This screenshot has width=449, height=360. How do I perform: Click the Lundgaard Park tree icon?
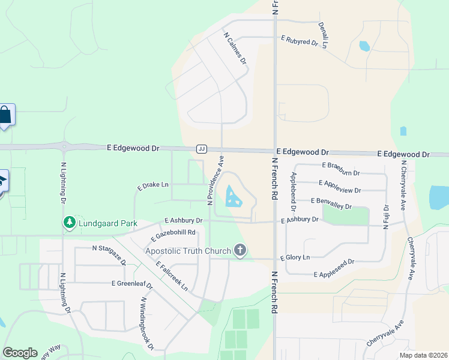(70, 223)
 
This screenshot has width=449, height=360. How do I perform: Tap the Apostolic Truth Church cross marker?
(240, 250)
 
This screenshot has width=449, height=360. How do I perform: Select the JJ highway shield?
(202, 149)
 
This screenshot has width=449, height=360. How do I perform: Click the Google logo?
(20, 352)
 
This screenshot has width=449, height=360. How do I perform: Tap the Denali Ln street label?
(325, 35)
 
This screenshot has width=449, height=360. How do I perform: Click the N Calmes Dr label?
(235, 48)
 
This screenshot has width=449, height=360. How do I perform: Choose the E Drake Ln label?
(153, 187)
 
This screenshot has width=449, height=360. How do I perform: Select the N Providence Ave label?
(215, 181)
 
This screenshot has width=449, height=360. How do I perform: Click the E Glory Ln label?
(295, 257)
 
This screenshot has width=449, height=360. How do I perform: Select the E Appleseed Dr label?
(334, 268)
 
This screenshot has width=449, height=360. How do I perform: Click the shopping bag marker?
(5, 115)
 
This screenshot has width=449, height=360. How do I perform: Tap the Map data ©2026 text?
(423, 355)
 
